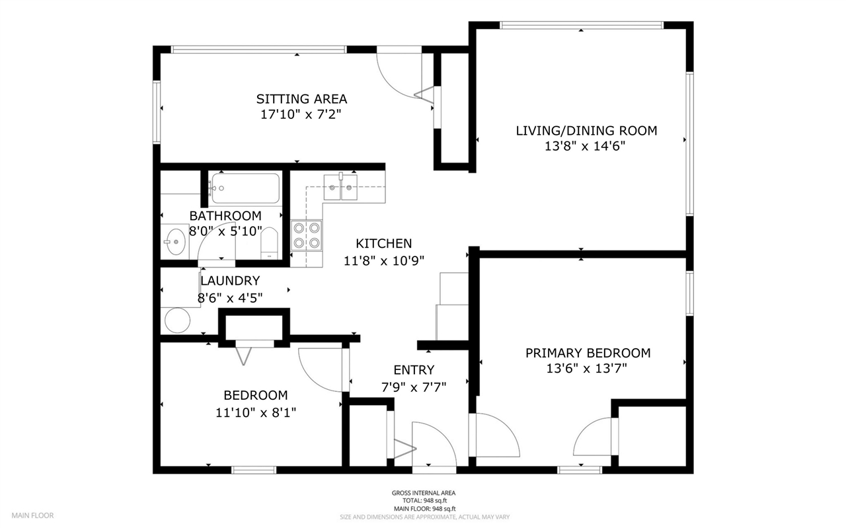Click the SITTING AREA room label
click(x=301, y=99)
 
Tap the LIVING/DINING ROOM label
click(x=586, y=130)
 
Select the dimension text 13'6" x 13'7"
click(x=588, y=369)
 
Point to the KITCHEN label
click(x=383, y=244)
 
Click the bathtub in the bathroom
click(x=245, y=188)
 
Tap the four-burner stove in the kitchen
click(x=307, y=235)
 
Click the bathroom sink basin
click(x=175, y=243)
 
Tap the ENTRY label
click(x=414, y=370)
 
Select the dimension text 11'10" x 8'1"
click(x=255, y=412)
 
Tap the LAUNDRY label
click(x=230, y=281)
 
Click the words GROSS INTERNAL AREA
click(x=423, y=493)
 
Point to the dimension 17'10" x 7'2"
click(x=301, y=114)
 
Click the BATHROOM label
click(x=225, y=216)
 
